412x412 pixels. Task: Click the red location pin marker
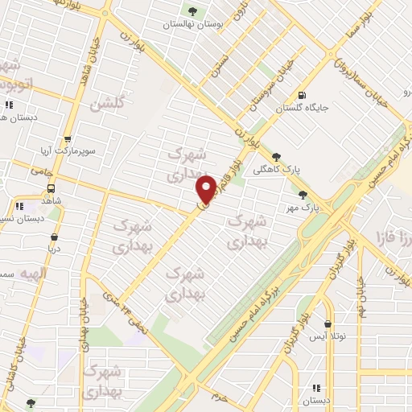(206, 189)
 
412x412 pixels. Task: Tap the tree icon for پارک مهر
(303, 194)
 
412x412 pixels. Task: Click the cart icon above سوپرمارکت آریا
(68, 138)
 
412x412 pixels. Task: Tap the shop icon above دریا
(54, 237)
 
